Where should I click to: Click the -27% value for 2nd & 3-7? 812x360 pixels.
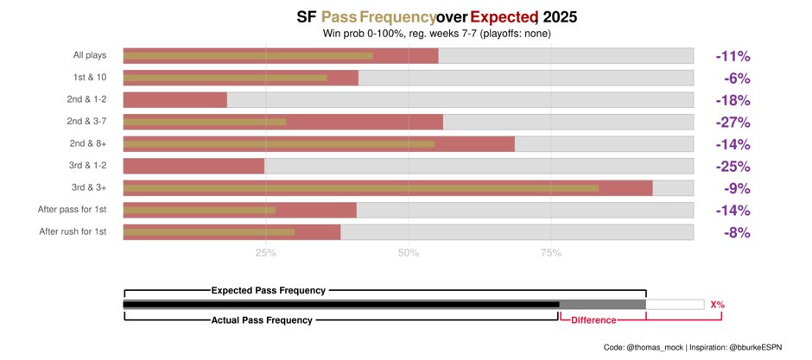(733, 123)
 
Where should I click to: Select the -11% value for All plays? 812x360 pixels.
(733, 56)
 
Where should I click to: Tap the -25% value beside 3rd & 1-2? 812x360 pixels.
(733, 167)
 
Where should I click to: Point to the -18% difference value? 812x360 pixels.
(733, 100)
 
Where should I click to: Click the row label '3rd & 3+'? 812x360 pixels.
(89, 187)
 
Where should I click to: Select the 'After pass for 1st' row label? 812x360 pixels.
(73, 210)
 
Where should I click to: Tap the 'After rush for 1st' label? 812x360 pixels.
(73, 231)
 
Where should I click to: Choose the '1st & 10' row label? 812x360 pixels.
(90, 78)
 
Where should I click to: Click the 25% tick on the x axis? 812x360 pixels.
(266, 253)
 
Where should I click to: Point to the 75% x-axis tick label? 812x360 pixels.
(551, 253)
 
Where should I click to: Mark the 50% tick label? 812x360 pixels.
(409, 253)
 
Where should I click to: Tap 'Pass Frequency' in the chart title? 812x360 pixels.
(378, 16)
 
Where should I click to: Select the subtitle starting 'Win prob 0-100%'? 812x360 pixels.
(436, 34)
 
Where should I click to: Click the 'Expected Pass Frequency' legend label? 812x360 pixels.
(269, 291)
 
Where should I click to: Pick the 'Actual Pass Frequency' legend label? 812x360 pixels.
(262, 320)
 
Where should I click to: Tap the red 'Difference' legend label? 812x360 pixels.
(593, 320)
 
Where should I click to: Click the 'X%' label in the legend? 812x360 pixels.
(717, 305)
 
